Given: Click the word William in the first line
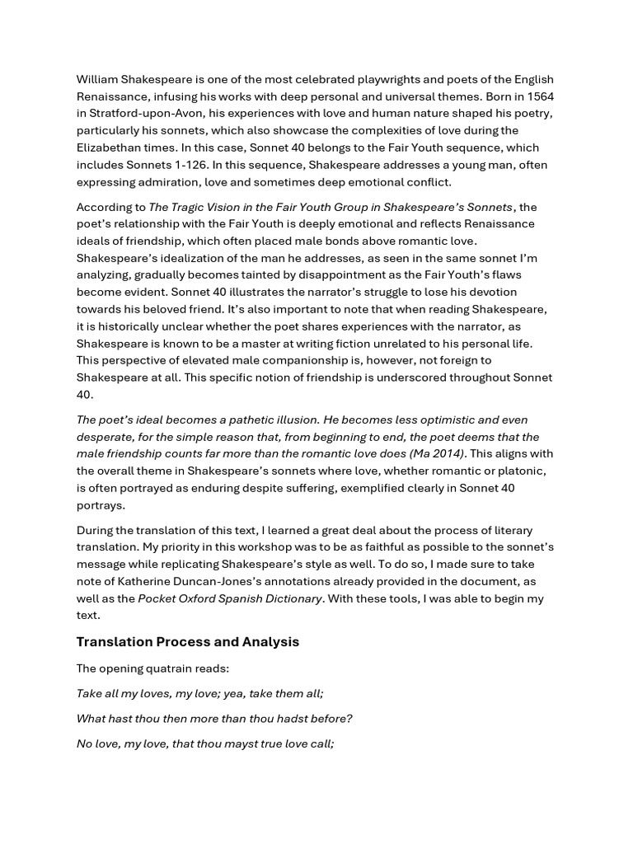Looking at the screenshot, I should (98, 79).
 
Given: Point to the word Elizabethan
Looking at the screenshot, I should (111, 148).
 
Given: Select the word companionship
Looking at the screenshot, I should (296, 360).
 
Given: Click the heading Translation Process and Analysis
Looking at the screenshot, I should (188, 642).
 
